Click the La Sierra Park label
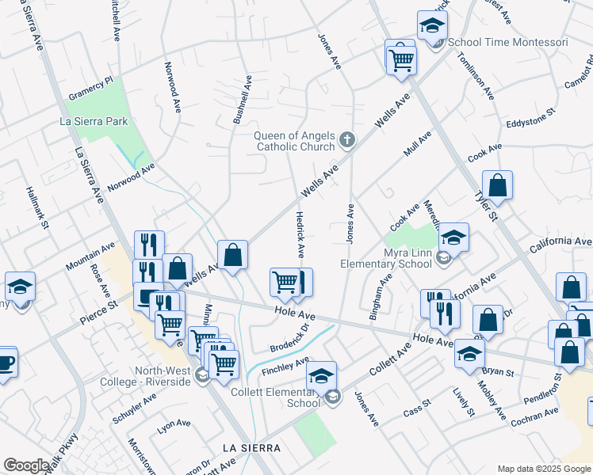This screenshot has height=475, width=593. (x=94, y=121)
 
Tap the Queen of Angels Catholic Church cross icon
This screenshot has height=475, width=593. (x=346, y=140)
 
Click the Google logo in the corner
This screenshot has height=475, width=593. (x=26, y=465)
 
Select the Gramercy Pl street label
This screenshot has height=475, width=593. (x=91, y=93)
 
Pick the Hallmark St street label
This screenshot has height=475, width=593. (x=37, y=208)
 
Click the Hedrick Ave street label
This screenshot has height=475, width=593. (x=300, y=234)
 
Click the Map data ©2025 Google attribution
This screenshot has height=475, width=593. (x=543, y=469)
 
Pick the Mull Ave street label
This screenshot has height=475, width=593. (x=418, y=145)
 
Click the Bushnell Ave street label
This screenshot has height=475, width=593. (x=242, y=100)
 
